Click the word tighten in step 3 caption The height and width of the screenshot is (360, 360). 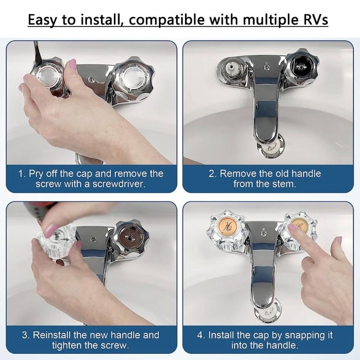(x=72, y=346)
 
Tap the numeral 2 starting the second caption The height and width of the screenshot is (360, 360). (x=211, y=174)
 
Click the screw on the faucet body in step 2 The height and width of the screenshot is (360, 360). (x=267, y=68)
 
